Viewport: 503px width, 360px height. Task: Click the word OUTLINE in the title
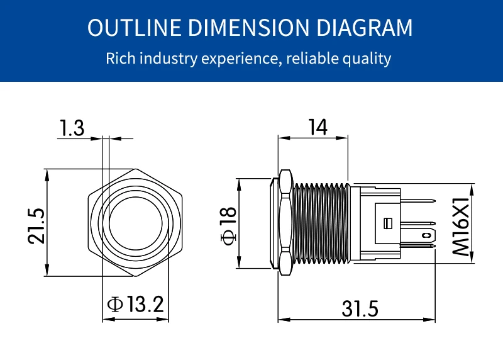135,27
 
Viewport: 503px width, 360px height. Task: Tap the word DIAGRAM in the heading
365,27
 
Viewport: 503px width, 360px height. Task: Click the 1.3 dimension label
72,128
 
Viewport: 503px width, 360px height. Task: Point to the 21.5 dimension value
36,226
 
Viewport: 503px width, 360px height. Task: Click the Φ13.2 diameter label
135,304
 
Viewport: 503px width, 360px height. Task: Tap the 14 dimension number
318,127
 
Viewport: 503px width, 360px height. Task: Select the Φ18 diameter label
229,226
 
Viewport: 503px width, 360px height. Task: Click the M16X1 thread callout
461,227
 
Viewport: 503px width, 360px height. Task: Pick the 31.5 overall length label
360,308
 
